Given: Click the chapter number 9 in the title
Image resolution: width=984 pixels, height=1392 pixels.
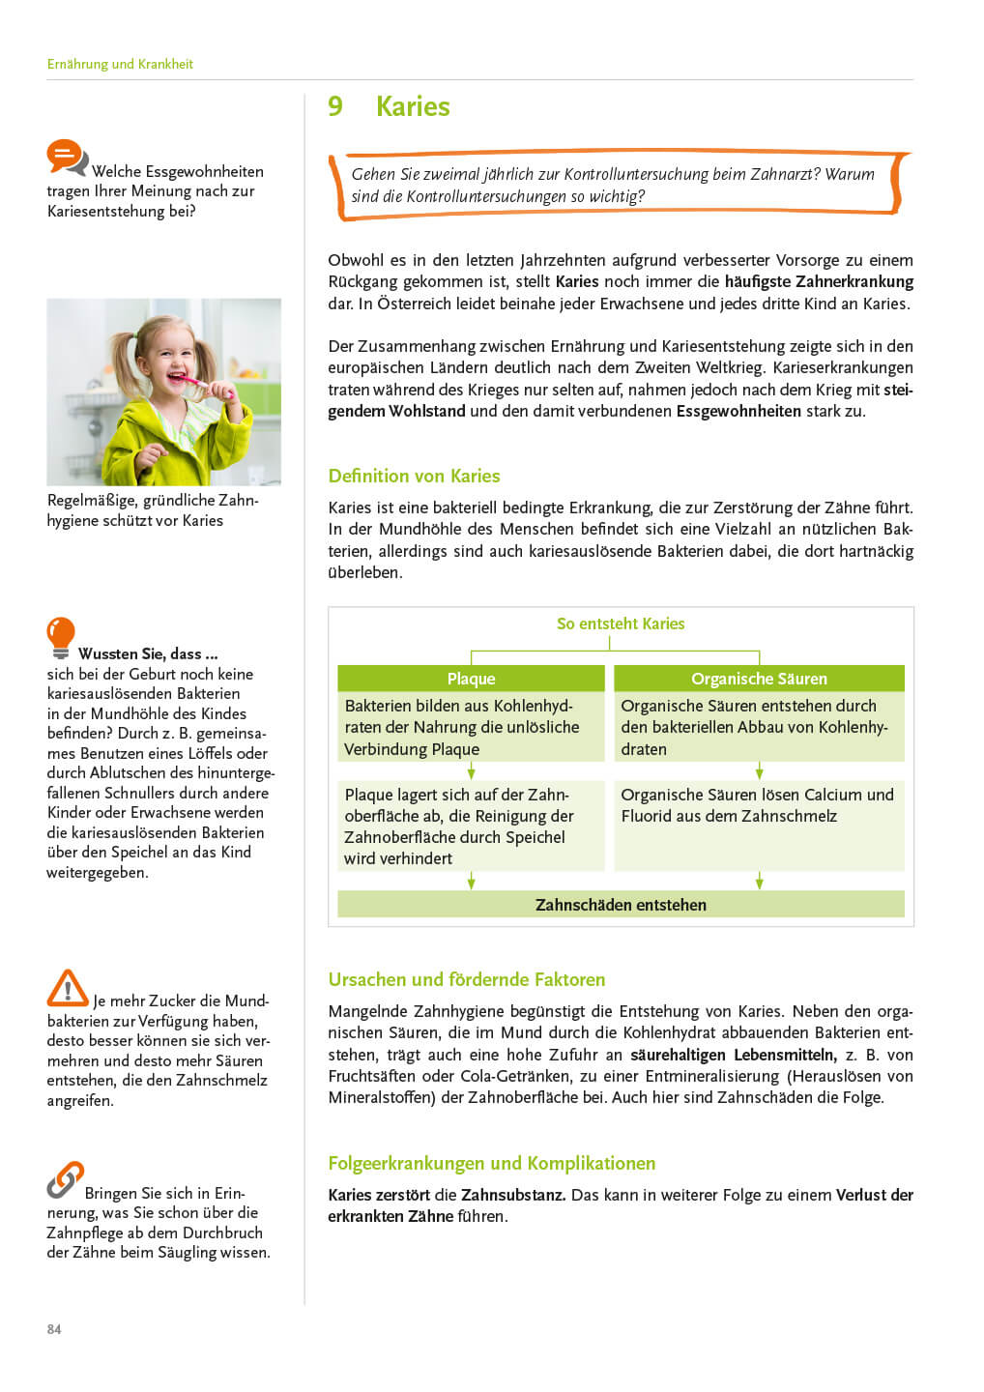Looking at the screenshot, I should click(335, 106).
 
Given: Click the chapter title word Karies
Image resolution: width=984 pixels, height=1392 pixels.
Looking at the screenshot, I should click(413, 106).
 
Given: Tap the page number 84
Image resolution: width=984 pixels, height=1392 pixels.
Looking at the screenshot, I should click(54, 1329).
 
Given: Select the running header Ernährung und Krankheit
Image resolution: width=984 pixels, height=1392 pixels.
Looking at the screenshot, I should click(120, 64).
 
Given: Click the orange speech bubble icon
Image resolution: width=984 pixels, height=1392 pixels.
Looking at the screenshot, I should click(66, 157).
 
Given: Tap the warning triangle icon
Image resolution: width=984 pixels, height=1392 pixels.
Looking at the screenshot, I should click(67, 988).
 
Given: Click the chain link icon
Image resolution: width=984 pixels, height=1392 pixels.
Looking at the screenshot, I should click(65, 1179).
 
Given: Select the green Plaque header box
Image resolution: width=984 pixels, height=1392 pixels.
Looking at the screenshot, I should click(471, 679).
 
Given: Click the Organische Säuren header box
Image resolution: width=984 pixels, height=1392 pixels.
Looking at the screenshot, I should click(759, 679).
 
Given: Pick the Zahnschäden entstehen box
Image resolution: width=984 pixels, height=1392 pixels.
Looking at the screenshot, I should click(621, 905).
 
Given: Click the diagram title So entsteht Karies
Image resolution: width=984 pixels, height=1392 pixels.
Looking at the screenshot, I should click(621, 623).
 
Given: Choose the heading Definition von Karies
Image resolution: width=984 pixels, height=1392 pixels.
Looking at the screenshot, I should click(414, 476).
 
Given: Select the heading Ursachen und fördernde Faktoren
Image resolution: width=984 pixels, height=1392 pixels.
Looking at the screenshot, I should click(466, 979).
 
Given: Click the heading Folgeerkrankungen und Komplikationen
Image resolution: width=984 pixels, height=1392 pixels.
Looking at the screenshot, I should click(491, 1163).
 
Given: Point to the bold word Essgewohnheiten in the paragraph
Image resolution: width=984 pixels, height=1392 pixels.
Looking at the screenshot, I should click(738, 411).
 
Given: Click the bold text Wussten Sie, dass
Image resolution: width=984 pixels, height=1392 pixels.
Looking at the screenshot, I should click(148, 653).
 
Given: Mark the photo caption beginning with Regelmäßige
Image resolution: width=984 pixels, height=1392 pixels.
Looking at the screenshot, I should click(153, 510).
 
